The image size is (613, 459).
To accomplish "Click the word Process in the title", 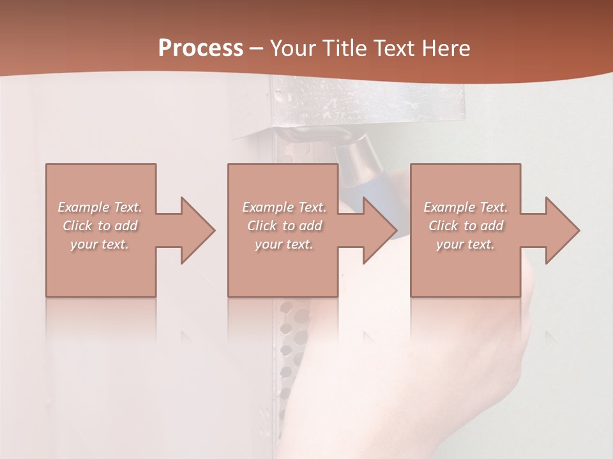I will pyautogui.click(x=201, y=48).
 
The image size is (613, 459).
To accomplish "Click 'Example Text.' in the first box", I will pyautogui.click(x=100, y=207).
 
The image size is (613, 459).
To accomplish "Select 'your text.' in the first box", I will pyautogui.click(x=100, y=244).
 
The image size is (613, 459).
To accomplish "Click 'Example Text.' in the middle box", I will pyautogui.click(x=284, y=207).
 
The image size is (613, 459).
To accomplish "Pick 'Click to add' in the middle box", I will pyautogui.click(x=284, y=226).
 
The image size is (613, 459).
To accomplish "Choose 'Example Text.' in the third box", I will pyautogui.click(x=465, y=207).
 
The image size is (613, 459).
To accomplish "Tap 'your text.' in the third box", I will pyautogui.click(x=465, y=244).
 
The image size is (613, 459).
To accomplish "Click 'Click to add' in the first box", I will pyautogui.click(x=100, y=226).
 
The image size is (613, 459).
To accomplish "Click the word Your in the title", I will pyautogui.click(x=294, y=48).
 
